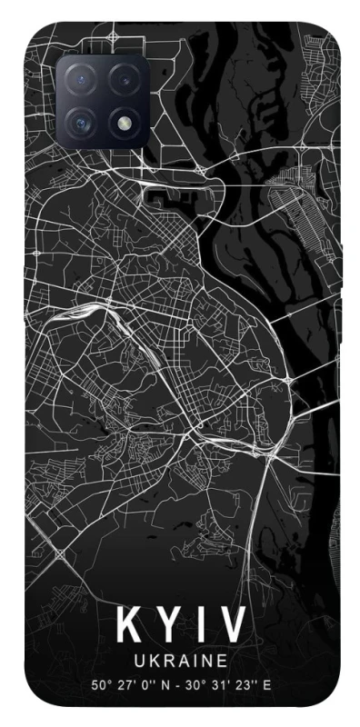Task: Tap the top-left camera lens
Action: (x=81, y=79)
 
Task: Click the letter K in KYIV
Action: (x=125, y=625)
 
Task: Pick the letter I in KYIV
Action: (x=197, y=625)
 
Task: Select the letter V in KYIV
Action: (x=231, y=625)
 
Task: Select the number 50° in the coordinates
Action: (x=99, y=684)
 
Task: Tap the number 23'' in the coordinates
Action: (x=246, y=684)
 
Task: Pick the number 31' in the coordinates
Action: (x=222, y=684)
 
